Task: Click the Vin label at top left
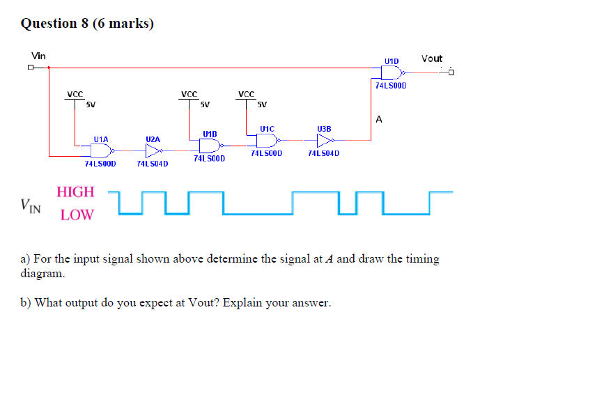coord(38,56)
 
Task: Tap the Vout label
coord(432,59)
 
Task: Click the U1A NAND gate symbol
coord(102,150)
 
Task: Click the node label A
coord(379,119)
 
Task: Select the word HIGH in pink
coord(75,192)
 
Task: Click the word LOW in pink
coord(77,215)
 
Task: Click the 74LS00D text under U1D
coord(391,86)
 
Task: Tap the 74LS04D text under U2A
coord(153,164)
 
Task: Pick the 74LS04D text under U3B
coord(323,153)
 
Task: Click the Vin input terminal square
coord(31,68)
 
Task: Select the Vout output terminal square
coord(451,72)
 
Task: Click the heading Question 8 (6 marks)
coord(87,24)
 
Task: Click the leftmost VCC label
coord(75,94)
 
